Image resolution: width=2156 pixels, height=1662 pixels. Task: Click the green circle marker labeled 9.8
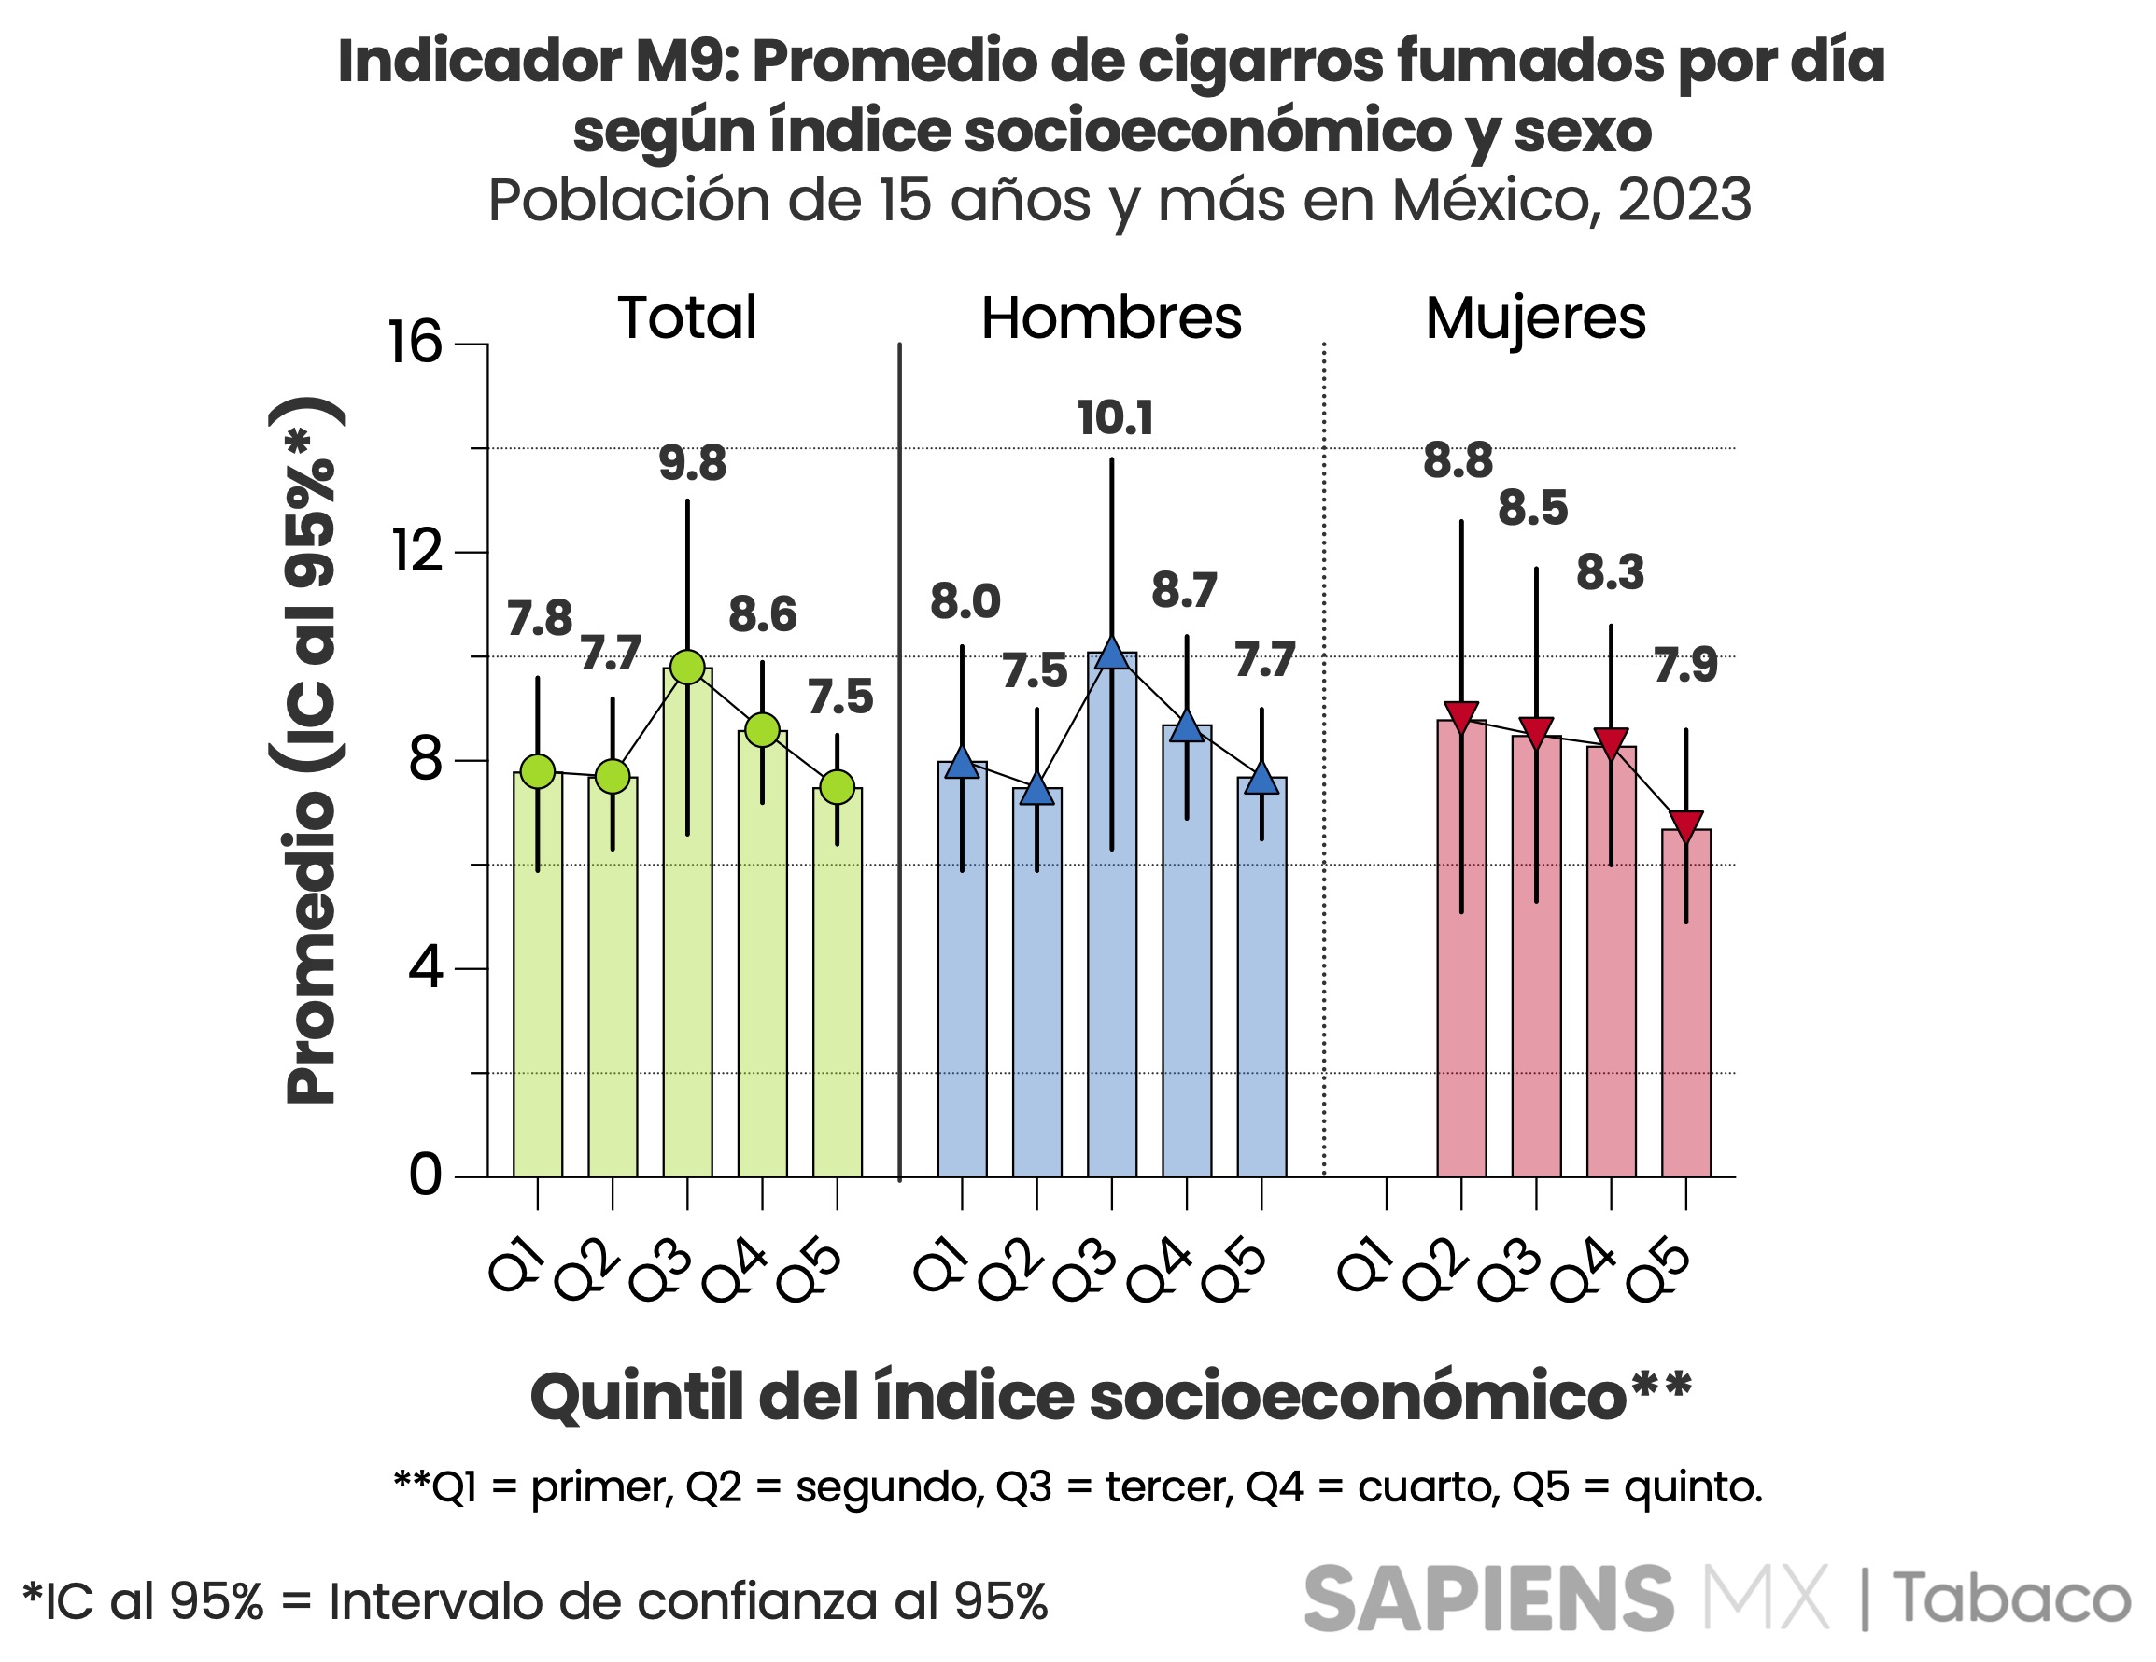point(687,669)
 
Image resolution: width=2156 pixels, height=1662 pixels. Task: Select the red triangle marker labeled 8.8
point(1461,715)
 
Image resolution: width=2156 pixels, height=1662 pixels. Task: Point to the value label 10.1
point(1115,418)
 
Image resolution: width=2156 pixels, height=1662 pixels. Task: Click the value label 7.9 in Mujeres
point(1685,665)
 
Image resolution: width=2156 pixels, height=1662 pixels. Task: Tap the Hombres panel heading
point(1110,317)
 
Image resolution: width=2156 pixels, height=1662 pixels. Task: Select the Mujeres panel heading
point(1535,317)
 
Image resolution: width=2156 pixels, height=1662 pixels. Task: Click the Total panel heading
point(687,317)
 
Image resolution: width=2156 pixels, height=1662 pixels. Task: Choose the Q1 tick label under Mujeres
point(1365,1267)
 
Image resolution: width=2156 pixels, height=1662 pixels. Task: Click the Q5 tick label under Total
point(810,1274)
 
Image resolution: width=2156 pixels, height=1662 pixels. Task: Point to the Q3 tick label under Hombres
point(1085,1274)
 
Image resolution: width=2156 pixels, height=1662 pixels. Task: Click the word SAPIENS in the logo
point(1487,1599)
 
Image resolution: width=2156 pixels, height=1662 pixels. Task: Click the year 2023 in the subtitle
point(1684,201)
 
